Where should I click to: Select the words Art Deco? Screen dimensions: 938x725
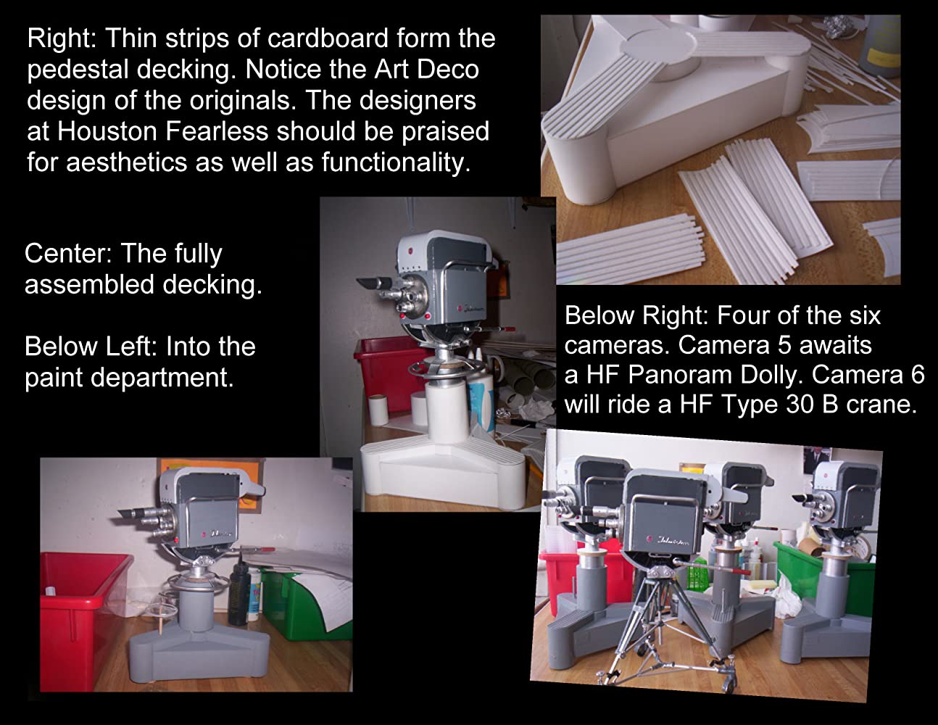coord(426,69)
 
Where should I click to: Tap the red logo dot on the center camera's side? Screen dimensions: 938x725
coord(460,308)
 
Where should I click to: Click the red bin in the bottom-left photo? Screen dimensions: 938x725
coord(82,617)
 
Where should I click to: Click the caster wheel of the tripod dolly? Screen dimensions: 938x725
coord(729,683)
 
